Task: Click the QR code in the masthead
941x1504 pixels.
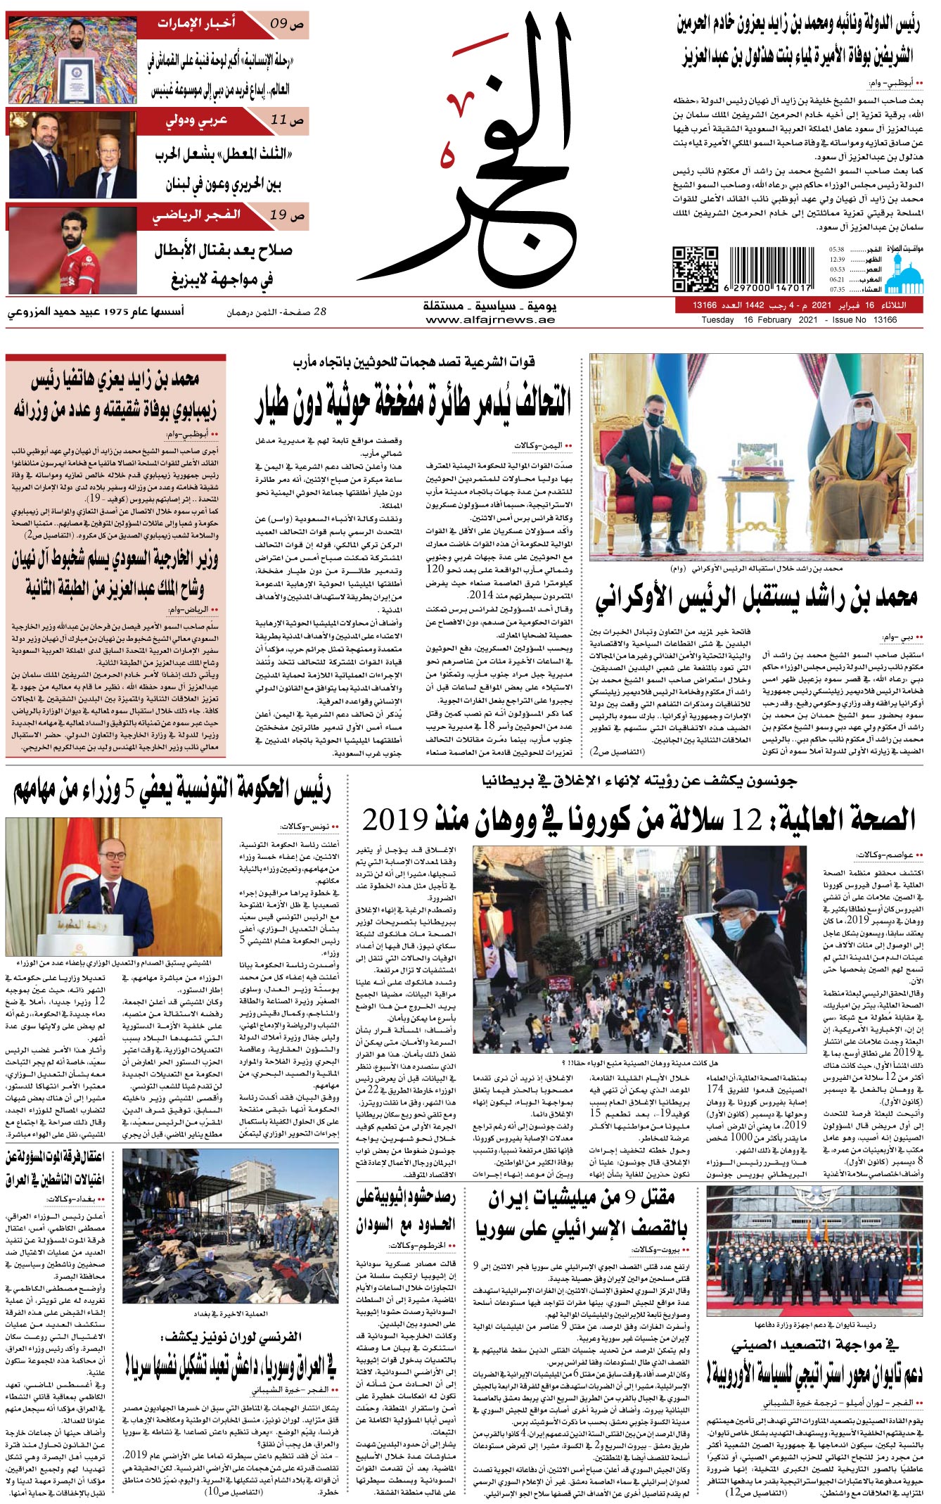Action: tap(695, 268)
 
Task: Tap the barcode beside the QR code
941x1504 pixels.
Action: tap(771, 268)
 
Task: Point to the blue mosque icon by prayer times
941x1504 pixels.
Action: tap(902, 271)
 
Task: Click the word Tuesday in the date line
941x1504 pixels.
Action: tap(717, 320)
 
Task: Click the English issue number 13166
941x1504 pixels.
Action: tap(885, 320)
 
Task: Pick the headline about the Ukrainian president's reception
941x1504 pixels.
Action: tap(756, 599)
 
